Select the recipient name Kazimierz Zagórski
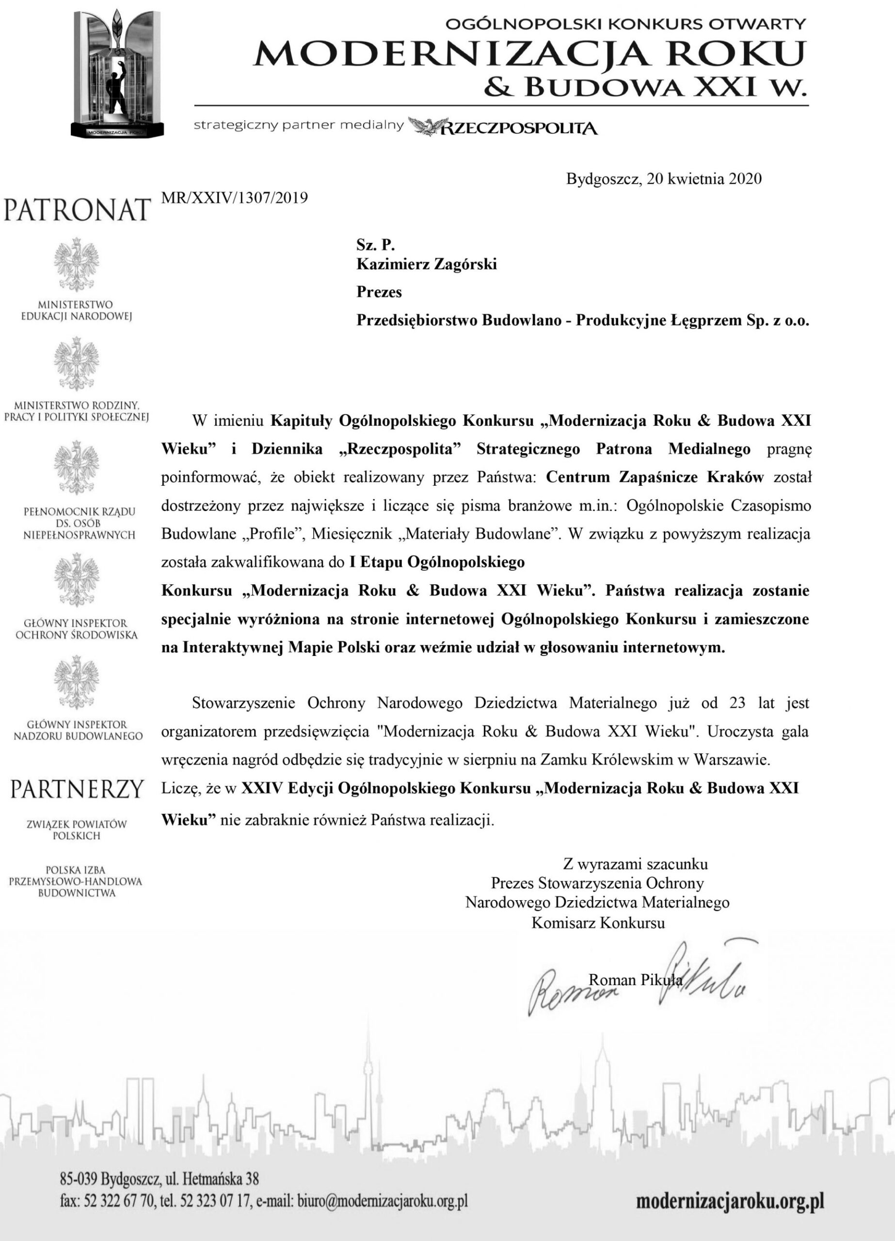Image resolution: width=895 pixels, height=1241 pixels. click(427, 264)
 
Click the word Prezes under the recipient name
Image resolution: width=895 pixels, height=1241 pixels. click(379, 292)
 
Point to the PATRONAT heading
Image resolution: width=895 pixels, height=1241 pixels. click(77, 209)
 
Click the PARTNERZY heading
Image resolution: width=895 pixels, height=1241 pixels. click(77, 789)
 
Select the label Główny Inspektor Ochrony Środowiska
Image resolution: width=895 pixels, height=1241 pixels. click(77, 629)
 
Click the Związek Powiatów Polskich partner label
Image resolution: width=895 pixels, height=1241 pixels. click(77, 829)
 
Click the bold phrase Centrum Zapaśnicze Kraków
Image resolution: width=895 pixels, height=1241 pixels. click(655, 477)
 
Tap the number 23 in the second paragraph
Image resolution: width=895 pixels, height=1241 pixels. click(737, 702)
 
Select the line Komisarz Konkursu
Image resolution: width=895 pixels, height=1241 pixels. click(598, 923)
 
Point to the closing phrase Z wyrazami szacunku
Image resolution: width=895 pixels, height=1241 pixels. click(635, 864)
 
